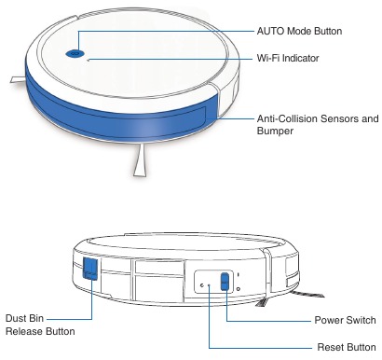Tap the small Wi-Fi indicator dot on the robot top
[89, 60]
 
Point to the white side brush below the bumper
[140, 161]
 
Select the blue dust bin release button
[90, 270]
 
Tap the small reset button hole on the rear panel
[209, 284]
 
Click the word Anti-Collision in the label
[284, 119]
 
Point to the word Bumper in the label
[277, 133]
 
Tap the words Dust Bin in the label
[24, 317]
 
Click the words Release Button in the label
[40, 331]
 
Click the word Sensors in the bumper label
[336, 119]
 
